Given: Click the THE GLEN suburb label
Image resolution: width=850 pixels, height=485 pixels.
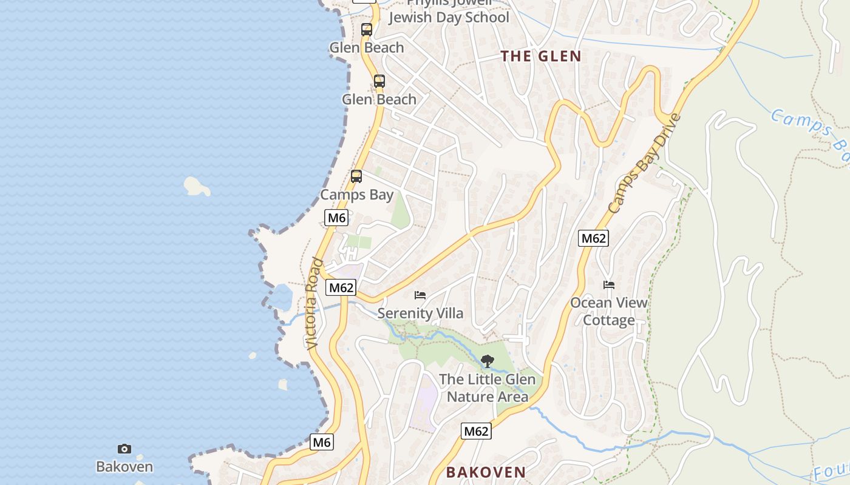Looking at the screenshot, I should coord(540,56).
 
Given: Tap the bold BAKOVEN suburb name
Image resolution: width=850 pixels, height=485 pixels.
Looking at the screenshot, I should coord(486,472).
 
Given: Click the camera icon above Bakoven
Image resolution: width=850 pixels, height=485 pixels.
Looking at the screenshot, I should coord(124,449).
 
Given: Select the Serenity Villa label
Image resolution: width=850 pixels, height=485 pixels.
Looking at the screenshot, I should coord(420,313).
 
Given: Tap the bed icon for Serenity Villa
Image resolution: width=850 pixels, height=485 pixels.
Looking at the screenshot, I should coord(420,295).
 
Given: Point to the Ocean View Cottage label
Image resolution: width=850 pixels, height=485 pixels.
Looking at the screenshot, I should coord(608,311).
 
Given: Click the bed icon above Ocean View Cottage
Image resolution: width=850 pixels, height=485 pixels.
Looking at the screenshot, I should coord(609,285).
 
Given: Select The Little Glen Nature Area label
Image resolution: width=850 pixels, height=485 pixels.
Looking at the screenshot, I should coord(487,388).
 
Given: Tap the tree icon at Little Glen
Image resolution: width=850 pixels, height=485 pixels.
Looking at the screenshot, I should coord(487,361).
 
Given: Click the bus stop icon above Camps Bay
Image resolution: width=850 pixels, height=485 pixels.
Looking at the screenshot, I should coord(356,176).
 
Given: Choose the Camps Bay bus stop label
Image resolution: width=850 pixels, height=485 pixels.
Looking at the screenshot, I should coord(356,195).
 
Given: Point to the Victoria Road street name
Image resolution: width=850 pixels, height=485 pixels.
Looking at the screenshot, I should coord(313,303).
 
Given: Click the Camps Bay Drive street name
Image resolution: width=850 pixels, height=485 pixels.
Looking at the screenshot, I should coord(645,164).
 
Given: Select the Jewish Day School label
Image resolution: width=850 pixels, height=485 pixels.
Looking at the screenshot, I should coord(448,17).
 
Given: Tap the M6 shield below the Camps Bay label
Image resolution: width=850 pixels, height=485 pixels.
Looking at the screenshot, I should coord(336,218).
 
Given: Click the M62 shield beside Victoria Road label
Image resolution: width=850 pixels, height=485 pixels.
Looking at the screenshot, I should coord(341,287).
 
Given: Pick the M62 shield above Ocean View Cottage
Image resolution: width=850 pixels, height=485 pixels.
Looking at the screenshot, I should coord(593,238).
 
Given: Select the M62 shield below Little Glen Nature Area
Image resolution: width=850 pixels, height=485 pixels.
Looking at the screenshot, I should coord(476,431).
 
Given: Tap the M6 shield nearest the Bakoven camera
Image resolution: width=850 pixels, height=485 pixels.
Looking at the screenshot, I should coord(322,443).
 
